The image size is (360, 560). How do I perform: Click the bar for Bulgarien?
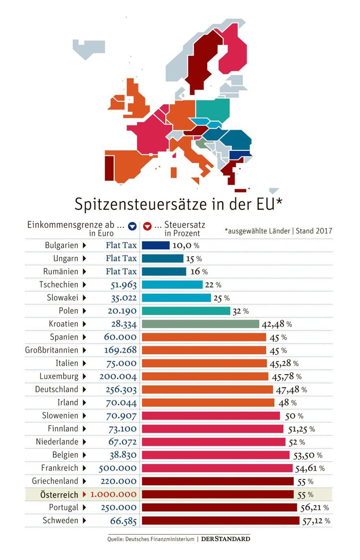[x=156, y=245]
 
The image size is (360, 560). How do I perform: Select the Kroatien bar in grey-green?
[x=200, y=324]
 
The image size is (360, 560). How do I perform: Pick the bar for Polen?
[x=186, y=311]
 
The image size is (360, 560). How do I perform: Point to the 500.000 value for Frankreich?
[x=118, y=468]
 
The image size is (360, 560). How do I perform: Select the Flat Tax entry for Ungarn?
[x=121, y=258]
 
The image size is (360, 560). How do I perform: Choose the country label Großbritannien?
[x=52, y=350]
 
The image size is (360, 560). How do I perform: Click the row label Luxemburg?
[x=56, y=376]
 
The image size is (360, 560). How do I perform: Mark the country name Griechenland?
[x=55, y=481]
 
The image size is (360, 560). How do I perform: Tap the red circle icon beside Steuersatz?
[x=147, y=225]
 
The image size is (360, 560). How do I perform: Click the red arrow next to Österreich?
[x=84, y=494]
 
